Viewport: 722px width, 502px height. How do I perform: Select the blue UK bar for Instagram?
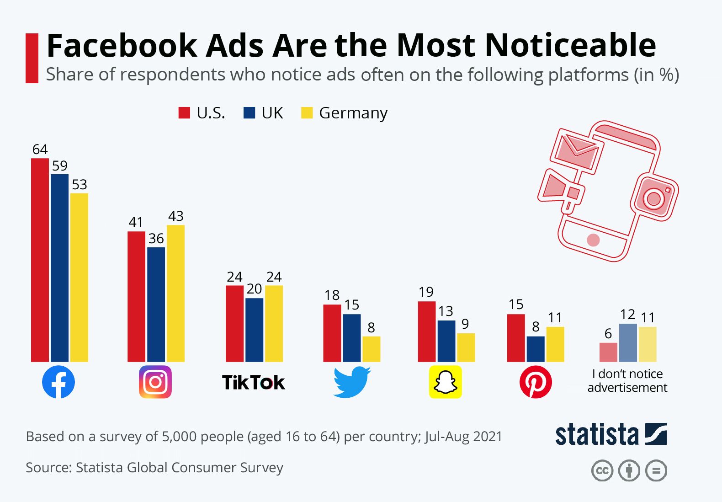point(156,304)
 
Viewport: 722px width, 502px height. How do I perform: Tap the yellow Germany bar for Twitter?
point(371,349)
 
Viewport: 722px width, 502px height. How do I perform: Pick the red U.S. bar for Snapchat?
point(426,331)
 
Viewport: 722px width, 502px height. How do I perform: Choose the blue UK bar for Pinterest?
point(535,349)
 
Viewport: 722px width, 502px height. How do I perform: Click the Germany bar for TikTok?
point(274,324)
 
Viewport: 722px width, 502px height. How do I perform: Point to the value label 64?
point(40,150)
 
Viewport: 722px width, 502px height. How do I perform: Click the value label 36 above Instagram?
point(156,239)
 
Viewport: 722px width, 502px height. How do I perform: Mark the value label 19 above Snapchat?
point(426,292)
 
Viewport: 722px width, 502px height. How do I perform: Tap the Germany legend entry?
point(345,113)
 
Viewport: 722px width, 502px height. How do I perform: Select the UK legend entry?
point(264,113)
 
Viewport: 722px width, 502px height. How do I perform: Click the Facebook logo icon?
point(58,382)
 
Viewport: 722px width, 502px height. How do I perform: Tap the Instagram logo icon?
point(155,382)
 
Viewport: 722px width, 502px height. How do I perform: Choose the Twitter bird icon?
point(351,382)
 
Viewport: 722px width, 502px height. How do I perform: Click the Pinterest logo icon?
point(536,382)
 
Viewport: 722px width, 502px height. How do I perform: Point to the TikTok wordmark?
point(253,382)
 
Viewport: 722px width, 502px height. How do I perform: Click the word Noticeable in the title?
point(570,45)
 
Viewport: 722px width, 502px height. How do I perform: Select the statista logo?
point(611,434)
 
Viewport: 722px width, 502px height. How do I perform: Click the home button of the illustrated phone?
point(593,240)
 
